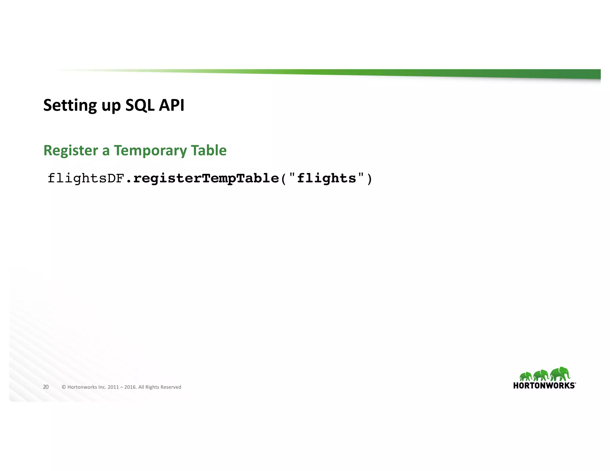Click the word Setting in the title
(70, 105)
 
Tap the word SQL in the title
(140, 105)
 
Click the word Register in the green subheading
(71, 151)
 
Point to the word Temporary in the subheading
(150, 151)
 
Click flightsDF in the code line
(85, 179)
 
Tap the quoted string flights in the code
(326, 179)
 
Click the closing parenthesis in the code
(369, 179)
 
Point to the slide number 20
(46, 387)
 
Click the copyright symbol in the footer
(64, 387)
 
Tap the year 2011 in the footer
(113, 387)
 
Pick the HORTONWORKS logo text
(544, 386)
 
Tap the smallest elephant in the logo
(526, 377)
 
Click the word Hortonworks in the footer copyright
(82, 387)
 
